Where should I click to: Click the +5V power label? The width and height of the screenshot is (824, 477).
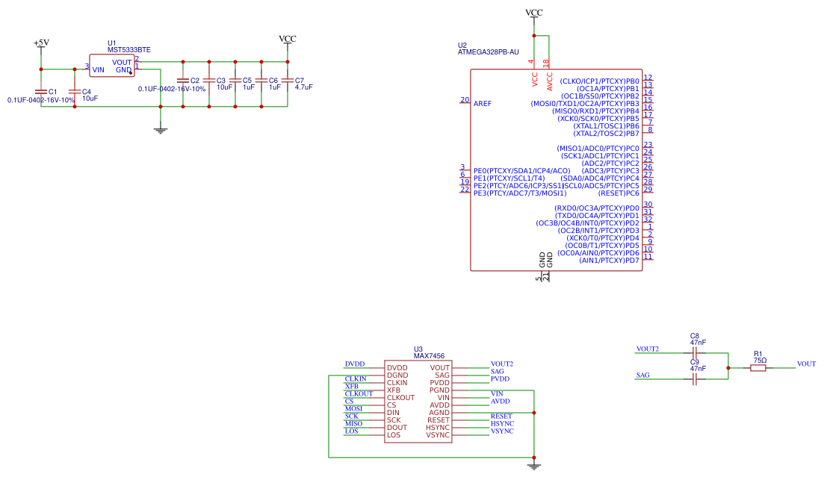(41, 43)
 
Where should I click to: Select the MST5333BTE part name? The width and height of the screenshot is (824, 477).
(129, 50)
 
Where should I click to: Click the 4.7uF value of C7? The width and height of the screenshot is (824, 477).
(303, 87)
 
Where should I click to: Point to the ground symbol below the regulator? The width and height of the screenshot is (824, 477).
(160, 130)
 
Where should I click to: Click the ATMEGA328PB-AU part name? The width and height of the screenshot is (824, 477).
(488, 52)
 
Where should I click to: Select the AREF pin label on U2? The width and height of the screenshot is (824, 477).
(483, 103)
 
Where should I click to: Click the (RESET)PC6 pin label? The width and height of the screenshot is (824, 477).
(619, 193)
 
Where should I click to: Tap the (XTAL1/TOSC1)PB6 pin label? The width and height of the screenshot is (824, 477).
(606, 126)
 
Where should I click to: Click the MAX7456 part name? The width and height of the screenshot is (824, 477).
(429, 356)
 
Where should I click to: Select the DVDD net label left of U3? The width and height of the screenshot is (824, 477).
(354, 364)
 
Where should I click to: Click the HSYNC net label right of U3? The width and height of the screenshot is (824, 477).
(502, 424)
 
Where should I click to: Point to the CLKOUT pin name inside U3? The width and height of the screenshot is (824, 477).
(400, 398)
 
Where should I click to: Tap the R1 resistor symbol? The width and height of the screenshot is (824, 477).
(758, 367)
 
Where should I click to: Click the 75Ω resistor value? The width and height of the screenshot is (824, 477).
(760, 360)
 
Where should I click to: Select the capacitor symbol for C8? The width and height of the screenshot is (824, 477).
(695, 352)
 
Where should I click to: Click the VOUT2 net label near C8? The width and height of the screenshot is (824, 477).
(647, 349)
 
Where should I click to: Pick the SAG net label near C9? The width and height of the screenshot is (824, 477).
(642, 375)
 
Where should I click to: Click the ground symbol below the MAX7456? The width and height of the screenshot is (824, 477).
(533, 465)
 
